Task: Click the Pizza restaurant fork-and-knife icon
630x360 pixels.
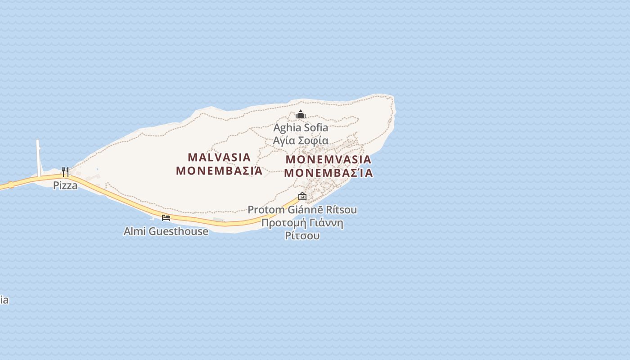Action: pyautogui.click(x=65, y=171)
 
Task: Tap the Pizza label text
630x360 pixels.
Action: pyautogui.click(x=65, y=185)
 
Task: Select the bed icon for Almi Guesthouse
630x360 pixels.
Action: pyautogui.click(x=166, y=218)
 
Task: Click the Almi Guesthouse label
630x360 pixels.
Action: pyautogui.click(x=166, y=231)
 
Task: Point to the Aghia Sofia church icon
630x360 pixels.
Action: pyautogui.click(x=301, y=114)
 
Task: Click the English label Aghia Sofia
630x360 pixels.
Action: pyautogui.click(x=301, y=128)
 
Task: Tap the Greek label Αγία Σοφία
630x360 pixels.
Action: pyautogui.click(x=301, y=140)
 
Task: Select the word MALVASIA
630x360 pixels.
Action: pyautogui.click(x=219, y=157)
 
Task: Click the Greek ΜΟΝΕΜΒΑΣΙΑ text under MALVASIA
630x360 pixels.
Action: pyautogui.click(x=219, y=171)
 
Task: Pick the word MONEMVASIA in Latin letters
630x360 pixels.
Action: pyautogui.click(x=328, y=160)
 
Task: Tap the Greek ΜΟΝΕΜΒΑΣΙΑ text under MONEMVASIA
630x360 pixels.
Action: pyautogui.click(x=328, y=173)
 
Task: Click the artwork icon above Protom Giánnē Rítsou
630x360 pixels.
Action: pyautogui.click(x=302, y=196)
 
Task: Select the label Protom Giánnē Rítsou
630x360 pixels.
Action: pyautogui.click(x=302, y=210)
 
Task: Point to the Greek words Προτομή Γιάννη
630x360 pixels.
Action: pyautogui.click(x=302, y=223)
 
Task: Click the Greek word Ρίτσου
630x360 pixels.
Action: pyautogui.click(x=302, y=235)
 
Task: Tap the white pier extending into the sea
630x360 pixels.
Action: pyautogui.click(x=39, y=155)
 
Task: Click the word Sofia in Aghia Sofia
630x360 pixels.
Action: pyautogui.click(x=316, y=128)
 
